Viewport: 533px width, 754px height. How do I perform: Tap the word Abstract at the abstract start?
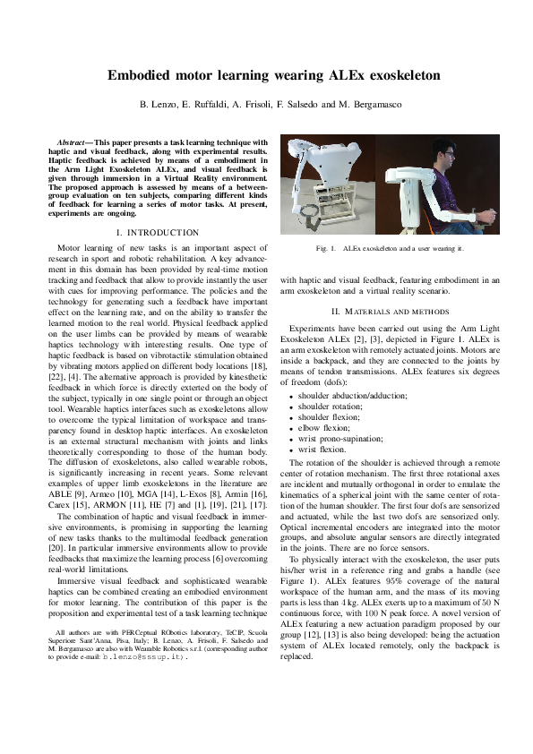73,142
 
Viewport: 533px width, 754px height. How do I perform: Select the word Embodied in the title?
142,76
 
